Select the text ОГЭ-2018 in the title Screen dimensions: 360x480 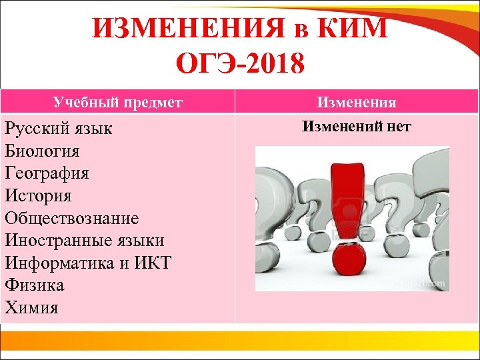(239, 65)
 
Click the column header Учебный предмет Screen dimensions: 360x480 (117, 102)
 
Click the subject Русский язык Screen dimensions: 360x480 (59, 129)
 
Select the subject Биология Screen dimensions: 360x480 (42, 151)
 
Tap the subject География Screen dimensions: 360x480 (47, 173)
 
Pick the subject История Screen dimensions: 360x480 (38, 196)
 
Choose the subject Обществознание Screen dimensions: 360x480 (71, 218)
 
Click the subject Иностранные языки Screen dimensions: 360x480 (84, 241)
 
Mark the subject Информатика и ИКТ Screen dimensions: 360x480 (87, 263)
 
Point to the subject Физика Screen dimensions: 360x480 (34, 285)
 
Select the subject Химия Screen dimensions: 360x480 (31, 307)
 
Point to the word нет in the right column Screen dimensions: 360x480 (398, 126)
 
